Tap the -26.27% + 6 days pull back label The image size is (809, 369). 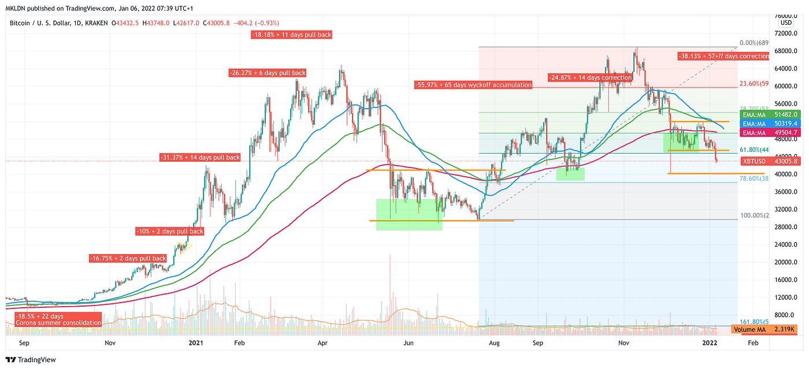tap(267, 73)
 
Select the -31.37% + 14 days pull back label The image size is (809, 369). tap(200, 157)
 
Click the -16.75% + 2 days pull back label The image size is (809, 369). tap(128, 258)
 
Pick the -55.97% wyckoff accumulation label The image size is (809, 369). tap(473, 85)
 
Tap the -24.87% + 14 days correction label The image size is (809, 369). tap(589, 77)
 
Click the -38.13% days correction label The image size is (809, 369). tap(723, 56)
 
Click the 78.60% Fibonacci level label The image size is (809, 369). tap(754, 180)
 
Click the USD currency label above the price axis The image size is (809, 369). tap(786, 23)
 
